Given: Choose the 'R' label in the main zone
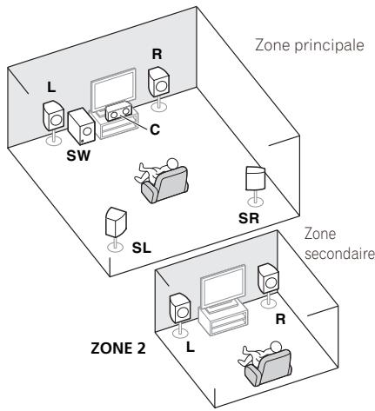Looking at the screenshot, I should pos(157,54).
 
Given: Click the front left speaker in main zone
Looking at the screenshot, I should pos(53,116).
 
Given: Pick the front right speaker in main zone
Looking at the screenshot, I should pos(158,83).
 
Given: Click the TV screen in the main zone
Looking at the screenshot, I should pos(114,89).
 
